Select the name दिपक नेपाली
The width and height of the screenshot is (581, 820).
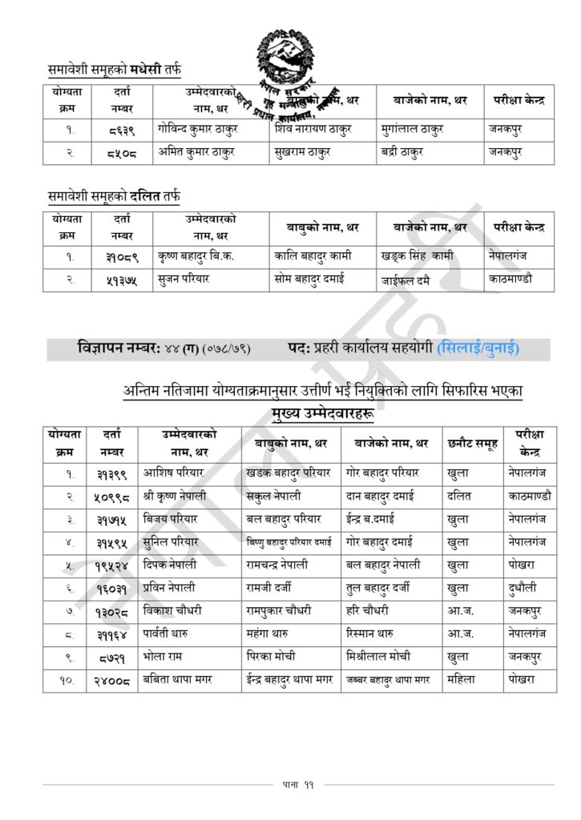[170, 564]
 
